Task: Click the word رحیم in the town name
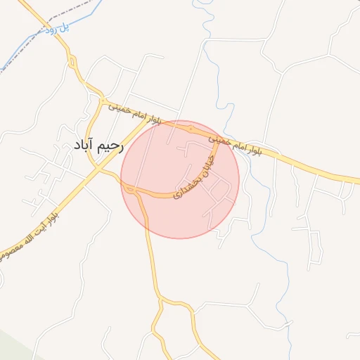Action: pyautogui.click(x=111, y=146)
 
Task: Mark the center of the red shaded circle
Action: pyautogui.click(x=180, y=179)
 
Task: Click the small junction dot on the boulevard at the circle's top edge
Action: pyautogui.click(x=191, y=129)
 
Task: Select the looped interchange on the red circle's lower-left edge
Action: pyautogui.click(x=131, y=188)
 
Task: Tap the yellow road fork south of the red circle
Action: pyautogui.click(x=161, y=302)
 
